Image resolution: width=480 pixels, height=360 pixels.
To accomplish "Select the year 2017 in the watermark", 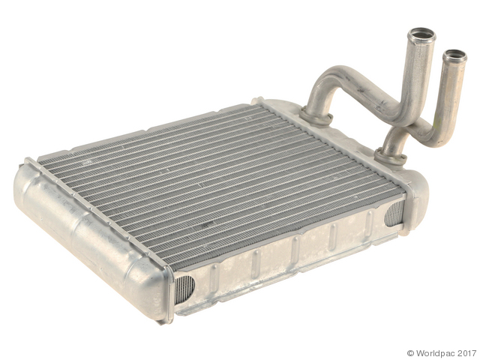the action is [x=467, y=353].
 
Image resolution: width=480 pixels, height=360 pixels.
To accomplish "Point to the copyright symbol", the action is [x=411, y=353].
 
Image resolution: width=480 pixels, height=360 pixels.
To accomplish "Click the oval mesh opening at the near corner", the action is [x=184, y=289].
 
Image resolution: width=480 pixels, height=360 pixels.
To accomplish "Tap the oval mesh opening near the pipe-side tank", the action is [x=395, y=214].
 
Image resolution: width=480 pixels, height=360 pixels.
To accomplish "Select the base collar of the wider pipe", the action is [x=316, y=117].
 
